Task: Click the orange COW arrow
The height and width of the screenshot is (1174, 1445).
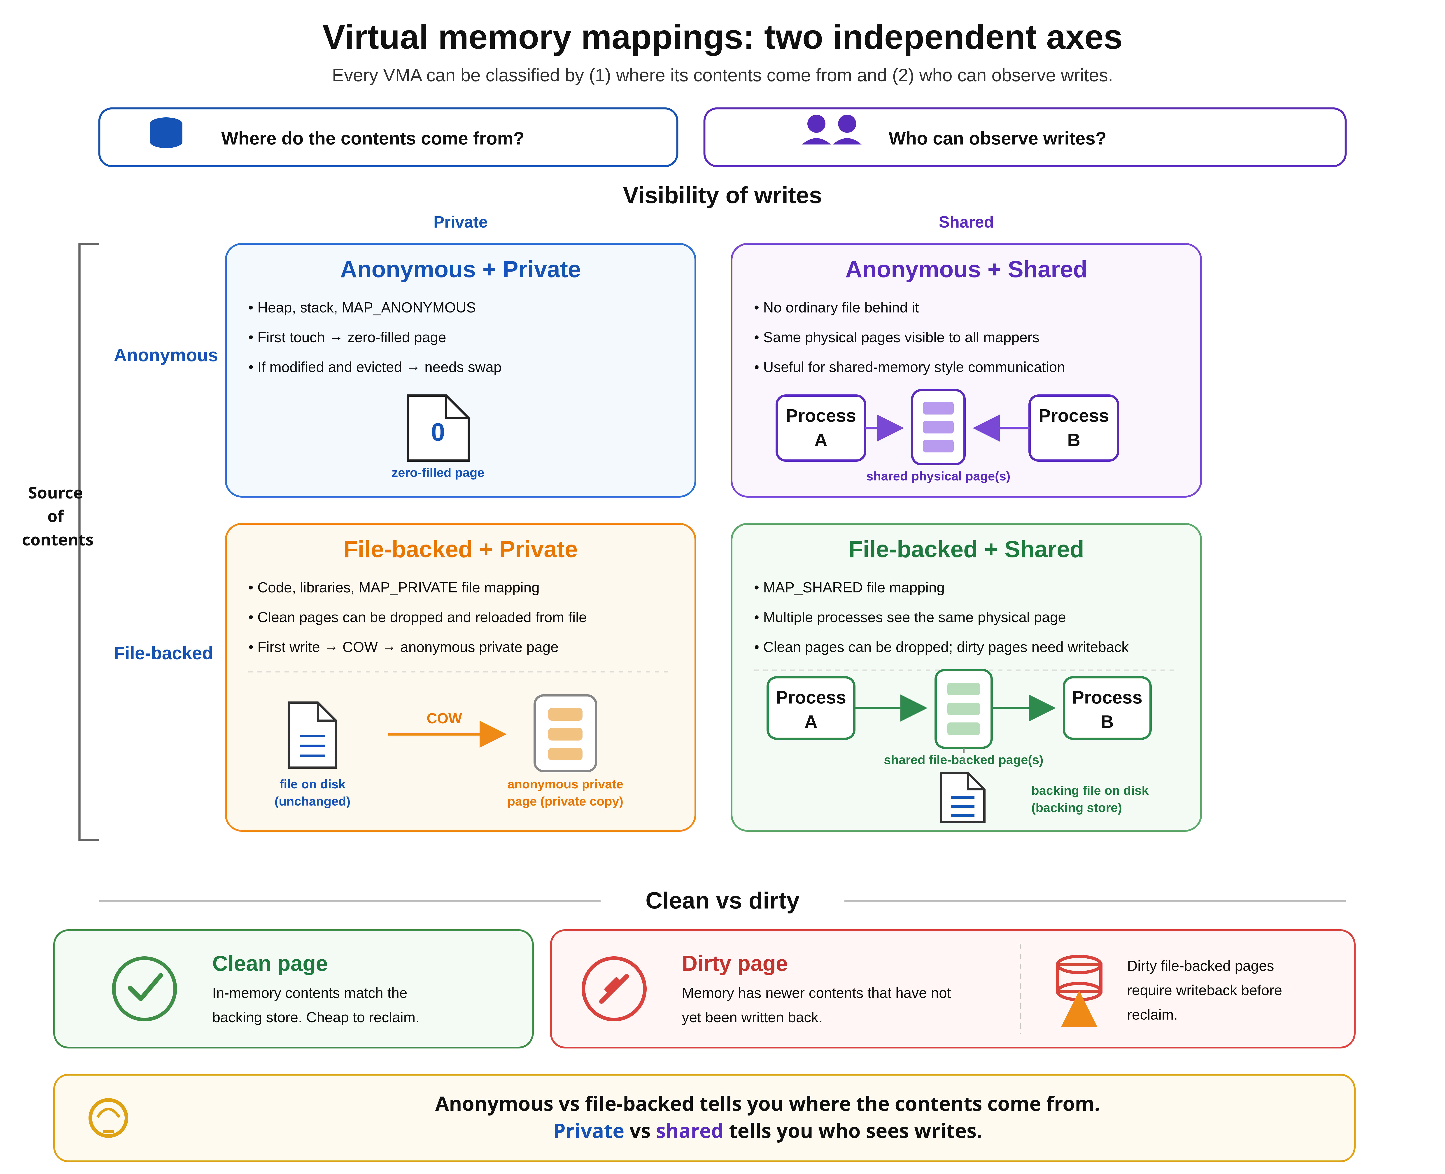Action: (x=447, y=734)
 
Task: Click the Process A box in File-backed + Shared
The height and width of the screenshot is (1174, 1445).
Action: (x=811, y=708)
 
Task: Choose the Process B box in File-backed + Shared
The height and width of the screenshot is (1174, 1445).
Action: (x=1107, y=708)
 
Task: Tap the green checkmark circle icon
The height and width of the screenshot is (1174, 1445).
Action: (x=145, y=989)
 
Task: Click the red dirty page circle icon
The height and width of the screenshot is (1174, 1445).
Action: (x=614, y=989)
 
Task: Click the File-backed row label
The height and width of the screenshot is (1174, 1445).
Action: (x=163, y=653)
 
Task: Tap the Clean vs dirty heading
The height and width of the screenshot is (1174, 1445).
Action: (x=722, y=901)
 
